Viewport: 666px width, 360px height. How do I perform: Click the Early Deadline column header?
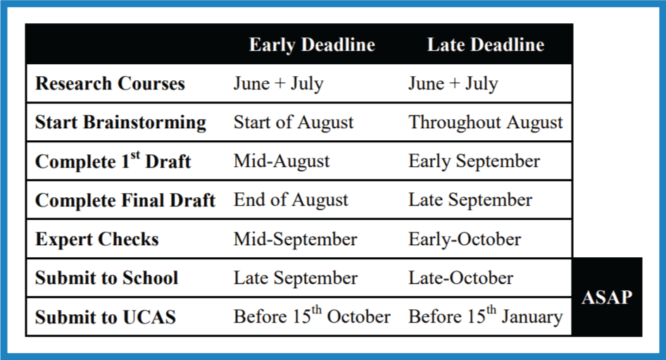(312, 45)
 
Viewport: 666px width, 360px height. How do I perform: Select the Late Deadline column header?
(486, 45)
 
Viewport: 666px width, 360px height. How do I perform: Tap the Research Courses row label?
(110, 83)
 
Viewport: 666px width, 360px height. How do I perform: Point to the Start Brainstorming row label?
(120, 123)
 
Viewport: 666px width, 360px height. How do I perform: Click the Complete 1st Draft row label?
(113, 161)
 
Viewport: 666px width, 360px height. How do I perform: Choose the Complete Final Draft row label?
(125, 200)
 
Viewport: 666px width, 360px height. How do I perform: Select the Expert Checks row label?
(97, 240)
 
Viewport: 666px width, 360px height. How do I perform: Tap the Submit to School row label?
(106, 278)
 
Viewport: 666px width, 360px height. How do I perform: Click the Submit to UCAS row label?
(106, 317)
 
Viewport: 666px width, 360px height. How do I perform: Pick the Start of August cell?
(294, 123)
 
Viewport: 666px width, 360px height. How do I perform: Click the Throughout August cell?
(486, 123)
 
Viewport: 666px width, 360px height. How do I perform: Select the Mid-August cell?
(282, 161)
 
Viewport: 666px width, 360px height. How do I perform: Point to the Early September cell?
(474, 161)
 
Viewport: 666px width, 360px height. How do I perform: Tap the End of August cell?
(291, 200)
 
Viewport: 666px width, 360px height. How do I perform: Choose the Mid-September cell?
(295, 240)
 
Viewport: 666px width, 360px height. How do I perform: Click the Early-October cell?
(465, 240)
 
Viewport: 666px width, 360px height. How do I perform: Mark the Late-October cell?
(461, 278)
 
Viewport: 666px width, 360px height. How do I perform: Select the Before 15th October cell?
(312, 316)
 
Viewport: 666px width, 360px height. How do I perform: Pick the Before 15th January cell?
(486, 316)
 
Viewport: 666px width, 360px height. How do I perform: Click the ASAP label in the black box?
(607, 297)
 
